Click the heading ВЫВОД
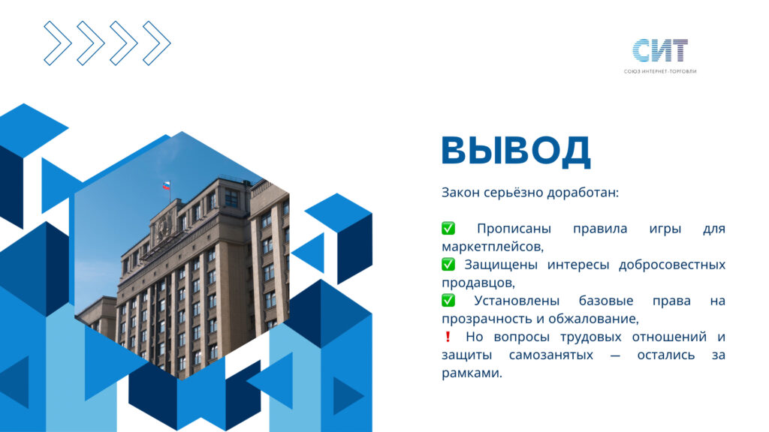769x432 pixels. point(516,150)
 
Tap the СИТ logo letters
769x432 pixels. point(660,50)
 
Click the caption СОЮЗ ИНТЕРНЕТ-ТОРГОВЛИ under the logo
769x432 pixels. point(660,71)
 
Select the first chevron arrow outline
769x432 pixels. point(58,43)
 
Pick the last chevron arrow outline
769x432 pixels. point(156,43)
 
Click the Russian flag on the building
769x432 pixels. point(167,186)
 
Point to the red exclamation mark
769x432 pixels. point(448,337)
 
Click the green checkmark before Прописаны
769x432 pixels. point(448,228)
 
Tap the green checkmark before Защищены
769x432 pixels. point(448,265)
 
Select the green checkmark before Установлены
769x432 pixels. point(448,300)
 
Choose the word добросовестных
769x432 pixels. point(672,265)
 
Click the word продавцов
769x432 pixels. point(478,283)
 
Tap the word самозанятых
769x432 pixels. point(551,355)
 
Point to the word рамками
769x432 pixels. point(472,373)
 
